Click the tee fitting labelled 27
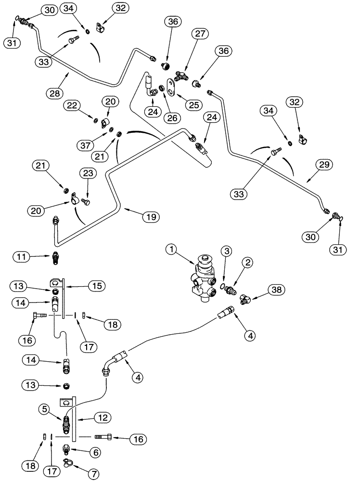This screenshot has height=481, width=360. pyautogui.click(x=182, y=75)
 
